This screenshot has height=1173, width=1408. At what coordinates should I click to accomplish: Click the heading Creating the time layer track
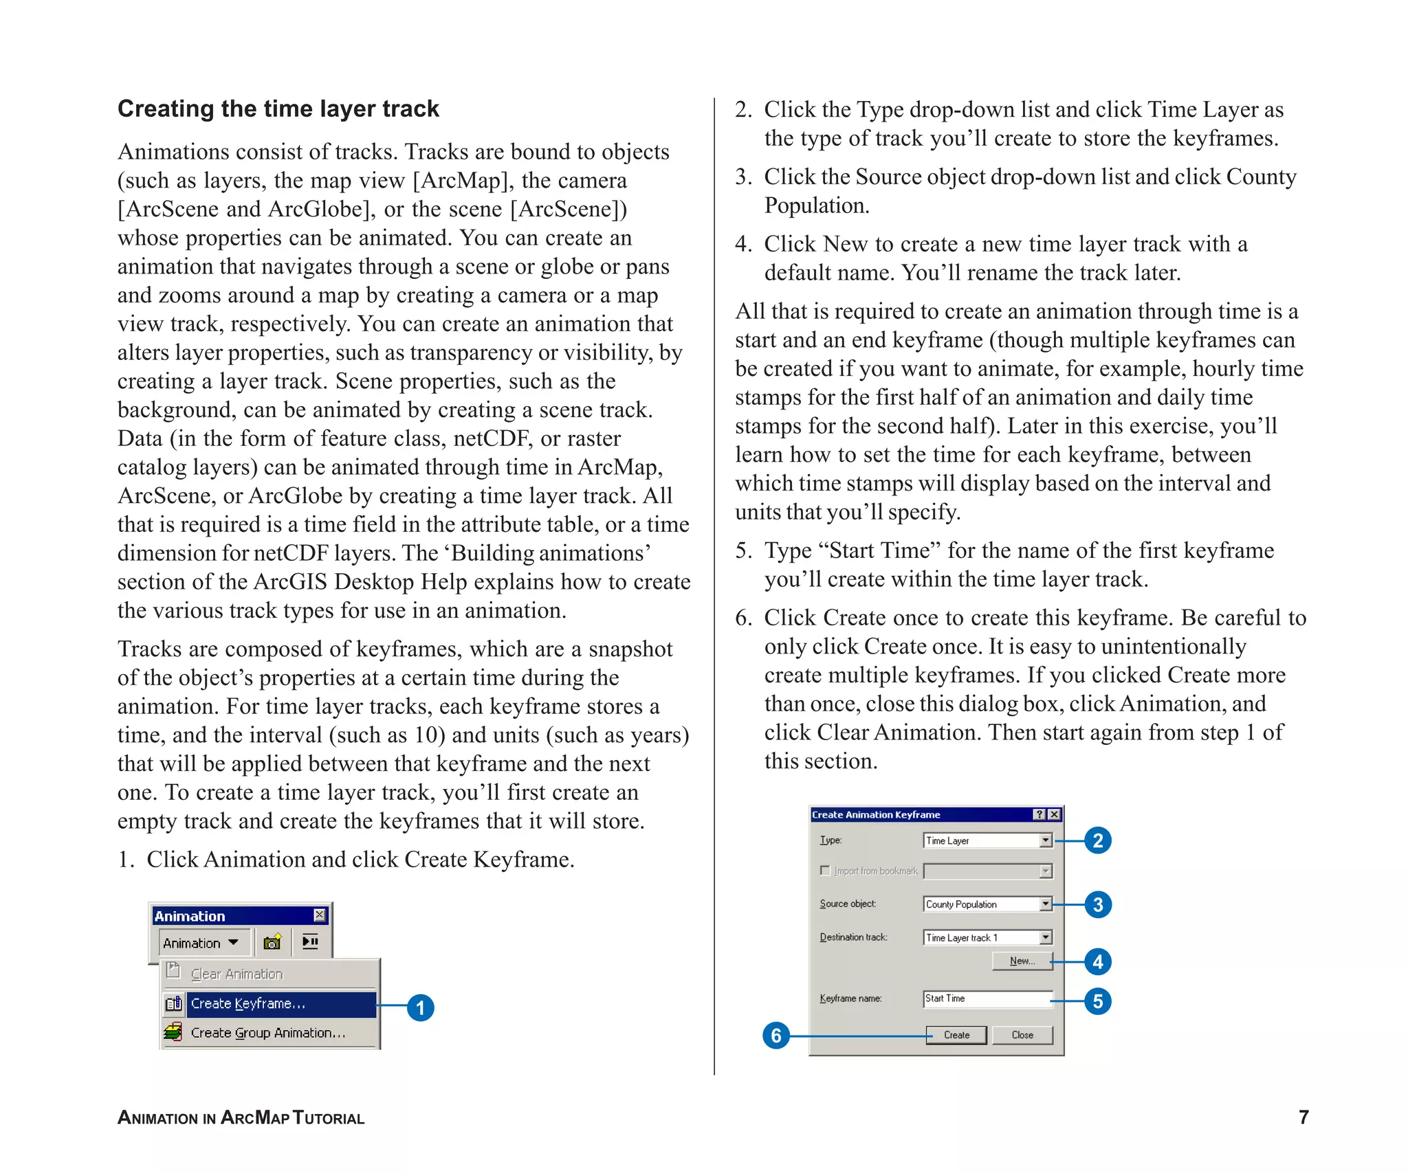coord(278,109)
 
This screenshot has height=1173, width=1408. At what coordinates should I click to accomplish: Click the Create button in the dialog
coord(956,1035)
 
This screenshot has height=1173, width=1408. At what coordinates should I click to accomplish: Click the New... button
coord(1022,961)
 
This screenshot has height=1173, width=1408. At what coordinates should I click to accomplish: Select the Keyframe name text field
coord(987,998)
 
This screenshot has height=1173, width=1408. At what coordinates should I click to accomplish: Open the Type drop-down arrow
coord(1045,840)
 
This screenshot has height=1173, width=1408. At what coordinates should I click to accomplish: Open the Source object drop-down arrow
coord(1045,904)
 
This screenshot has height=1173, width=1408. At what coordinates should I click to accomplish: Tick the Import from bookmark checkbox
coord(825,871)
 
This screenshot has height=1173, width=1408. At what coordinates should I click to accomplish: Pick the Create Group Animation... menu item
coord(268,1033)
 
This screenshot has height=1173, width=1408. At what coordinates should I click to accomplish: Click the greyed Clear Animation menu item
coord(236,974)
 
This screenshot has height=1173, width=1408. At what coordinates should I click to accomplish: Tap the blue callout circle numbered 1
coord(420,1008)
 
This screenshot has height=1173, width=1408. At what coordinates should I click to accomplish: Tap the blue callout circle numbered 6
coord(776,1036)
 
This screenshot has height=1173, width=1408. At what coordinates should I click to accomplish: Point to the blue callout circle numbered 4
coord(1097,961)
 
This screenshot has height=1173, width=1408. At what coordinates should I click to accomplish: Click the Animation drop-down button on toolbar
coord(200,943)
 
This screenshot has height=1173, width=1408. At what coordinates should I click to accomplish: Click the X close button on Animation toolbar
coord(319,915)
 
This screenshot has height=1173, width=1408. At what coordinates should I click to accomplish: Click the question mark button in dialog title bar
coord(1039,814)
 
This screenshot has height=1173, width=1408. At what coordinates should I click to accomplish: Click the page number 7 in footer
coord(1303,1117)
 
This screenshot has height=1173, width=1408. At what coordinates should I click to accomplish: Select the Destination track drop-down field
coord(987,937)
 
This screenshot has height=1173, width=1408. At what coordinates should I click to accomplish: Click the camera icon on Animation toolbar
coord(272,942)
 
